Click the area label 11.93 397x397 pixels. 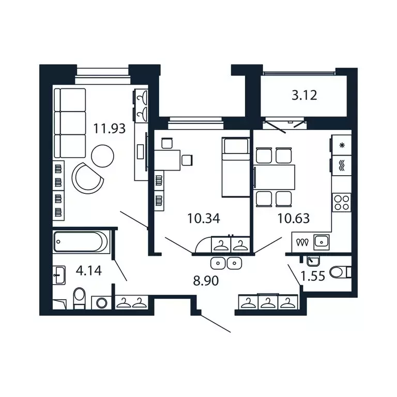[109, 128]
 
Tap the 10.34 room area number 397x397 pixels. [204, 218]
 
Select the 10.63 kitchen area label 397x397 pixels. [293, 218]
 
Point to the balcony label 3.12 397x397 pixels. [304, 95]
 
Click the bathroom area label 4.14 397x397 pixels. [86, 270]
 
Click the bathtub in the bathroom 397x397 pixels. [81, 242]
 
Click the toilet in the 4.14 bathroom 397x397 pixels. [79, 298]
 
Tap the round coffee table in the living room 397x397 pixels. [102, 154]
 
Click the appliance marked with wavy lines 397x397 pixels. [341, 165]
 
